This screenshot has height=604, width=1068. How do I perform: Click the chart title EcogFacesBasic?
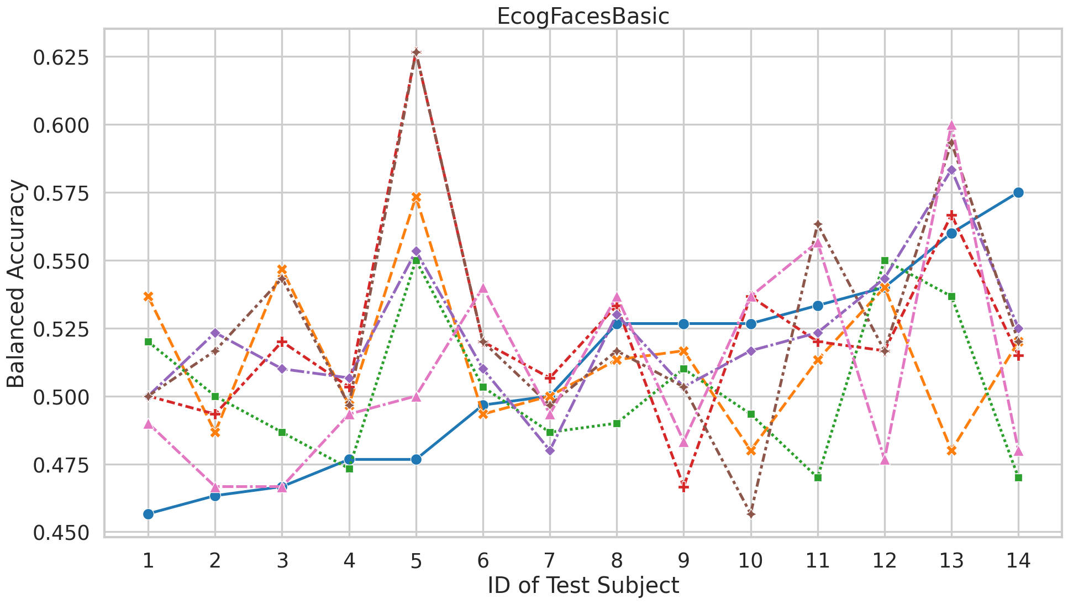(x=583, y=17)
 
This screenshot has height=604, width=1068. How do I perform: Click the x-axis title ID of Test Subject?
(x=583, y=586)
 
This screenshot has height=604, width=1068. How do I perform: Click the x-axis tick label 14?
(x=1018, y=561)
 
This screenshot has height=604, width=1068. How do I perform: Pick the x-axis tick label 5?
(x=416, y=561)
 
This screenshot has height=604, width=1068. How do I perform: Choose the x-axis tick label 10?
(x=751, y=561)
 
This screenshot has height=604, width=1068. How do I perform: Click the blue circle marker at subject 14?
(x=1018, y=192)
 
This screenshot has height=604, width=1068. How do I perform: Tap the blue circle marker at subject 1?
(x=148, y=514)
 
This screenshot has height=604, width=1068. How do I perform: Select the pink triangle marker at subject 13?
(x=951, y=125)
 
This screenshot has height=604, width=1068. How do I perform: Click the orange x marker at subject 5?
(x=416, y=197)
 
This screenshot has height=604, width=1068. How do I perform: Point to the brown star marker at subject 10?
(x=751, y=514)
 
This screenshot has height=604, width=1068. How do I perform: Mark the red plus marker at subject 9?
(x=683, y=487)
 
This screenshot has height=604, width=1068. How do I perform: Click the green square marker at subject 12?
(x=885, y=260)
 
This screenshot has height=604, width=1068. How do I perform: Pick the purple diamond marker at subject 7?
(x=550, y=450)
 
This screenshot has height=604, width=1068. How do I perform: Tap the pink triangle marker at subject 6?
(x=483, y=288)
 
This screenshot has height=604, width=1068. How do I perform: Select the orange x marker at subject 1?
(x=148, y=296)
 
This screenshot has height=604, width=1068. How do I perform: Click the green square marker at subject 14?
(x=1018, y=477)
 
